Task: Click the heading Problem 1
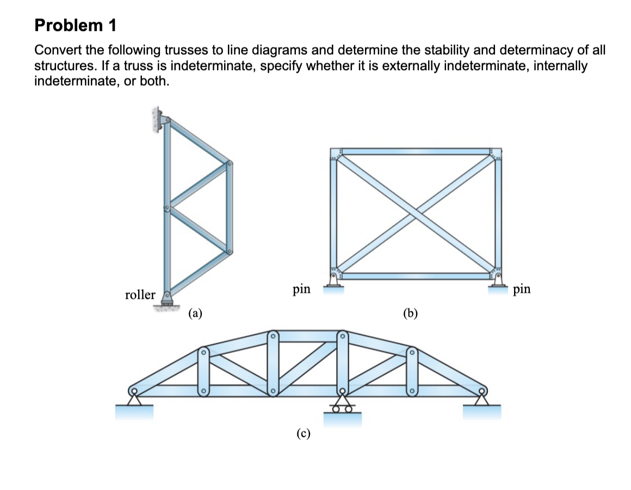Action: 76,25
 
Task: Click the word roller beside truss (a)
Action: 140,295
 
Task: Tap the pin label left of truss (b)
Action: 302,289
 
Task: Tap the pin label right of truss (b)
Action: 521,289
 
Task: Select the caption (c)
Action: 303,433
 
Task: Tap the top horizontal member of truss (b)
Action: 416,152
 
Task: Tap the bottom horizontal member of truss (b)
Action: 416,275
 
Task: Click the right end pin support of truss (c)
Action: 481,400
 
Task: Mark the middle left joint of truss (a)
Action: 168,208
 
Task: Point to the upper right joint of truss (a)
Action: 230,162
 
